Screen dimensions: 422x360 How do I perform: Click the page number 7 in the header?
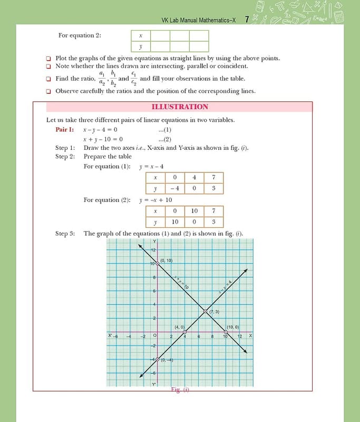point(247,20)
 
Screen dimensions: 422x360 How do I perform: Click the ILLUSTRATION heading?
point(180,107)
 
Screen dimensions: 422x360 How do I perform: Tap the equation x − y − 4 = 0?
point(100,129)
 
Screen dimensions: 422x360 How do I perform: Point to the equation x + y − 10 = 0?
point(103,139)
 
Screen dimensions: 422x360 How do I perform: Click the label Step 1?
point(65,148)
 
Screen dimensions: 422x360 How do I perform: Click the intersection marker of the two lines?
point(206,312)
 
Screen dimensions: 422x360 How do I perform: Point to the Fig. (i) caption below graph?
point(180,390)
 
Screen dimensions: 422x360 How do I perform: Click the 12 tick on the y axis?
point(153,250)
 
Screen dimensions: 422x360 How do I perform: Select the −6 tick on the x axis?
point(115,337)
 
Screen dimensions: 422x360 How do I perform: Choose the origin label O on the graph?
point(154,336)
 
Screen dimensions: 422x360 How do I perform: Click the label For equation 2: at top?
point(80,35)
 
